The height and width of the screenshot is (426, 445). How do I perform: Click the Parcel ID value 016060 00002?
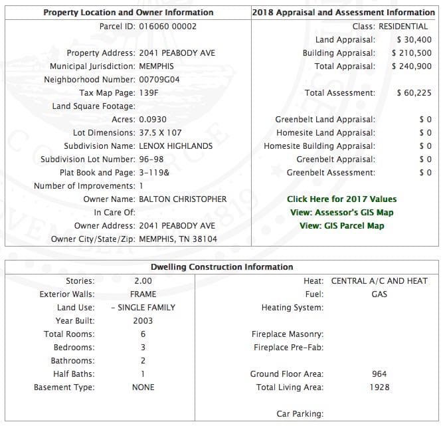[167, 27]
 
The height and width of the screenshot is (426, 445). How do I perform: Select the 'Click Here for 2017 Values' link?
[341, 199]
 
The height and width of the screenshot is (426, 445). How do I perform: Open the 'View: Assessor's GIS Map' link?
[341, 213]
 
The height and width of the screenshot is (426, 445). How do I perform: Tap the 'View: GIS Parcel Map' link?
[341, 226]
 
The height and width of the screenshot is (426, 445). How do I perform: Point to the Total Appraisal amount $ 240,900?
[411, 66]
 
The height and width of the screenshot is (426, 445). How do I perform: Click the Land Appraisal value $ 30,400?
[414, 40]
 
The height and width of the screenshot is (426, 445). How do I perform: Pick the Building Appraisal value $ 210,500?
[411, 53]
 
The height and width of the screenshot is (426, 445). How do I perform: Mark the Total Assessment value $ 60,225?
[414, 93]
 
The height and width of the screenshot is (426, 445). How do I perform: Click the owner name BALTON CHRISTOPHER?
[183, 199]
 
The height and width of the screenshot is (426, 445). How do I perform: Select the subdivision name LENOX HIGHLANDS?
[175, 146]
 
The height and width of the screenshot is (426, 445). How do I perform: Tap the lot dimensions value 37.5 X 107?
[163, 133]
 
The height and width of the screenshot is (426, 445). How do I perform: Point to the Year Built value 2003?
[143, 321]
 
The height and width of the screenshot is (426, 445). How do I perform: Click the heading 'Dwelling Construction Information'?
[222, 267]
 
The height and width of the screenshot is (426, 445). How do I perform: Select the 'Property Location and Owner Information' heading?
[128, 13]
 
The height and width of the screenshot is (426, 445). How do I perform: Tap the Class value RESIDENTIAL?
[403, 27]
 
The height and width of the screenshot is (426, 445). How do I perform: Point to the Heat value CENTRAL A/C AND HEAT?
[379, 281]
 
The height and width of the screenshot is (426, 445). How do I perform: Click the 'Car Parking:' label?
[300, 414]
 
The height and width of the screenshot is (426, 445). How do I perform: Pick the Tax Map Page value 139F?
[149, 93]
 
